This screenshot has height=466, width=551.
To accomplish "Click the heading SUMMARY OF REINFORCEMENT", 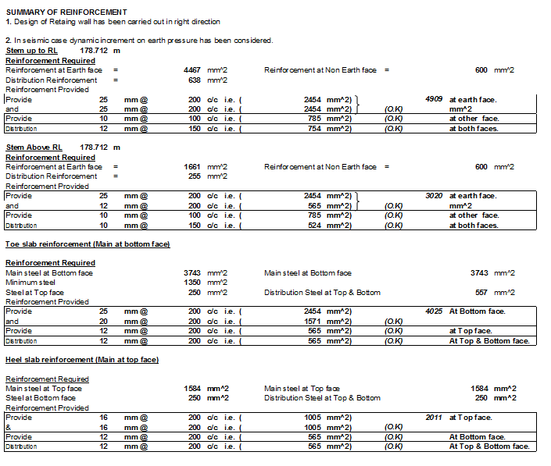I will (x=66, y=12).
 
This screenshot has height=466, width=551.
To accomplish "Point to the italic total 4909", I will (x=435, y=99).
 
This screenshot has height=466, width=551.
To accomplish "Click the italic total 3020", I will (x=435, y=196).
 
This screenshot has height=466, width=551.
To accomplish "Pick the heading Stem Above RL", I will (x=34, y=148).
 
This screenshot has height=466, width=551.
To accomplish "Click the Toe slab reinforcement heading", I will (x=88, y=244).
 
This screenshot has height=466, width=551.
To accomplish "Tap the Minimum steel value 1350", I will (x=193, y=283).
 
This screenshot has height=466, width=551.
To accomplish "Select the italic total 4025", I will (x=435, y=311).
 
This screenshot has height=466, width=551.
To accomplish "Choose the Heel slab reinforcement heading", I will (x=82, y=360).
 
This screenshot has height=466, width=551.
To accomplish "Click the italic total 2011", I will (x=435, y=418).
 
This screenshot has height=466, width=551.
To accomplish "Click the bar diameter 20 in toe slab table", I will (x=103, y=322).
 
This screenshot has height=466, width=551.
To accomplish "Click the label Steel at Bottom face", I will (x=41, y=398).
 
